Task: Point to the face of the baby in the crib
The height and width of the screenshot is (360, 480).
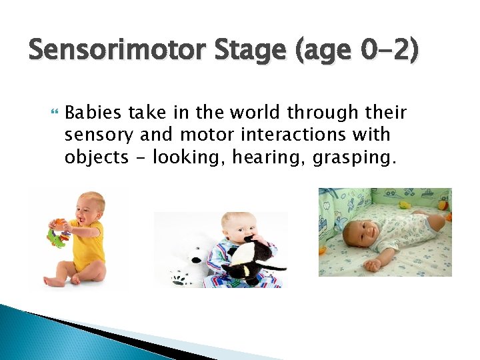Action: click(363, 231)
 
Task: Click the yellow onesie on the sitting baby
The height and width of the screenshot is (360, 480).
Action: click(91, 243)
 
